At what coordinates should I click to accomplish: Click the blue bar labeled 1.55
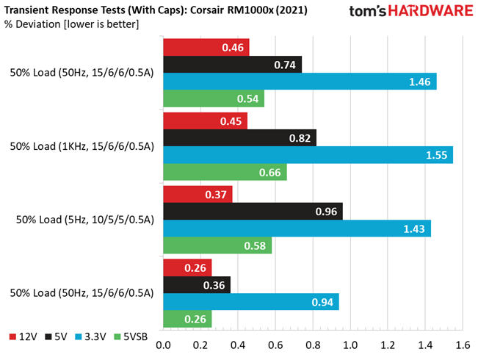click(308, 155)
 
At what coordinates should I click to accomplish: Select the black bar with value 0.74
click(233, 65)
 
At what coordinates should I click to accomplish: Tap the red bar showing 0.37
click(198, 195)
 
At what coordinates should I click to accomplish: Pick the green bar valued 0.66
click(225, 172)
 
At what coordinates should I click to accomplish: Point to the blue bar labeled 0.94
click(251, 302)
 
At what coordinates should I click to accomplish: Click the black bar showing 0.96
click(253, 212)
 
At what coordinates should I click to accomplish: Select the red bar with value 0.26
click(187, 268)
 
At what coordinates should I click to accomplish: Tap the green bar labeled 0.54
click(214, 98)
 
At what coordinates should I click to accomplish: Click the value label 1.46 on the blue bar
click(420, 82)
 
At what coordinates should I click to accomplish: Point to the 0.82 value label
click(300, 138)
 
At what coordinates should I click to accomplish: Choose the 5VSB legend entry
click(131, 336)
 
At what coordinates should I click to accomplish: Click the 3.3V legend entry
click(90, 336)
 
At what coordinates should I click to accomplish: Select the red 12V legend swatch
click(12, 336)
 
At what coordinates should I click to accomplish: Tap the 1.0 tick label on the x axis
click(350, 345)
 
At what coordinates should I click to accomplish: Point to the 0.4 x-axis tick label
click(238, 345)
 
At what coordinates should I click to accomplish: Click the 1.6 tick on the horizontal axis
click(463, 345)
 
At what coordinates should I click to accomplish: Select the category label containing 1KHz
click(82, 146)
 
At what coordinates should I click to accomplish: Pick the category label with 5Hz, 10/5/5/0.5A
click(85, 220)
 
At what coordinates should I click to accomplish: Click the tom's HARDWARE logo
click(411, 11)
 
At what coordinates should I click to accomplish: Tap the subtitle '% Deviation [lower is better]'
click(72, 24)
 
